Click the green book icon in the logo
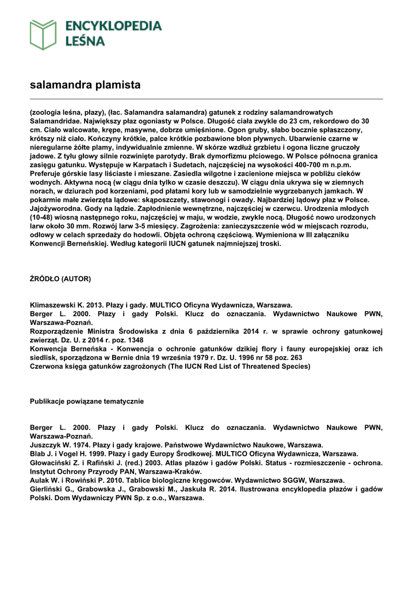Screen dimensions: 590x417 click(x=43, y=34)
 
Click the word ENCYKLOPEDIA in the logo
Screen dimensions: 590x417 click(x=114, y=26)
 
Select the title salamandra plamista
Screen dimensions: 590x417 click(x=85, y=85)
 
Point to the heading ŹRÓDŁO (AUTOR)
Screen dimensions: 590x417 click(x=60, y=279)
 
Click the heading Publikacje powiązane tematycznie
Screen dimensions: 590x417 click(x=87, y=401)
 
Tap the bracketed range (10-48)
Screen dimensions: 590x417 click(x=42, y=218)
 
